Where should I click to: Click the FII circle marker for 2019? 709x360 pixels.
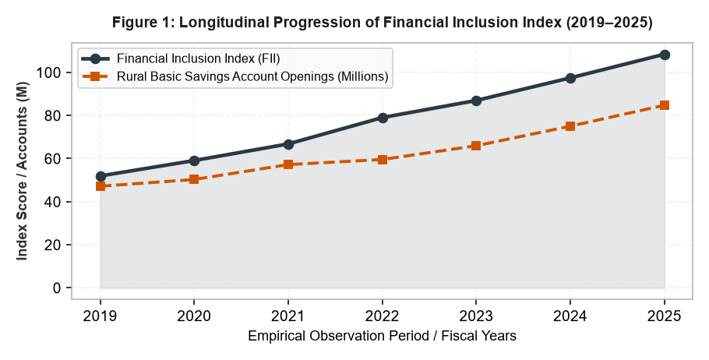(x=101, y=176)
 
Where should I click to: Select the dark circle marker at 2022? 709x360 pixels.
(x=383, y=118)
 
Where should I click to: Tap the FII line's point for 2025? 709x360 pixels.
(x=665, y=55)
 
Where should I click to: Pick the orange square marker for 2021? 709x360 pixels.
(x=288, y=164)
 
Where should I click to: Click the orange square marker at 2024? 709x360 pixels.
(x=570, y=125)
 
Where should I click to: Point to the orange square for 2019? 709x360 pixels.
(x=101, y=186)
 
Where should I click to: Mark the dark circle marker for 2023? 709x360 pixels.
(x=476, y=101)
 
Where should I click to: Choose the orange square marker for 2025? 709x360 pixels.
(x=665, y=105)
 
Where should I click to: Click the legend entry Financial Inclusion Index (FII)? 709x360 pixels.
(x=198, y=58)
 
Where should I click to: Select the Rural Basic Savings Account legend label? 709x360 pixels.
(x=252, y=76)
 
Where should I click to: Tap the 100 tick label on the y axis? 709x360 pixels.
(x=50, y=72)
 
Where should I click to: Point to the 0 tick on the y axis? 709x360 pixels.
(x=57, y=288)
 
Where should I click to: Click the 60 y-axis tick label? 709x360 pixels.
(x=52, y=158)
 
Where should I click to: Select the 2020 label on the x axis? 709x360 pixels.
(x=194, y=316)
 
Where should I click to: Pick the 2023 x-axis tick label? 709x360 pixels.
(x=476, y=316)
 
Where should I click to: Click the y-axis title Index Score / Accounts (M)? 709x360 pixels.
(x=22, y=171)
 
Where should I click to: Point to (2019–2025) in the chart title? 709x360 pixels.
(x=609, y=22)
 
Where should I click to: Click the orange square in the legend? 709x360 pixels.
(x=95, y=76)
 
